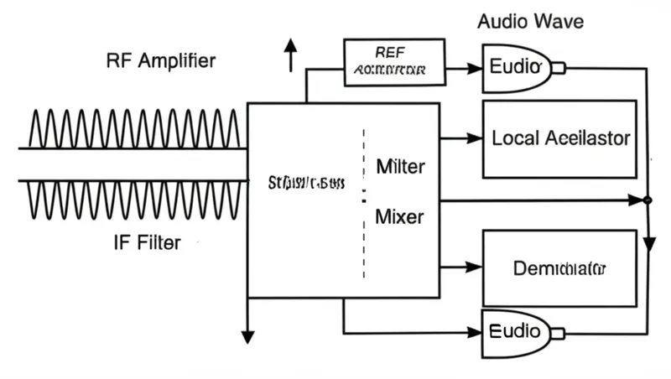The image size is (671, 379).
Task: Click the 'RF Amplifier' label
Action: [160, 60]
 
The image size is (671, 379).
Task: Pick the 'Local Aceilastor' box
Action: [560, 138]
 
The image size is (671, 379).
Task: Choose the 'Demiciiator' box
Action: [560, 269]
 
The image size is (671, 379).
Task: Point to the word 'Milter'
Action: [399, 166]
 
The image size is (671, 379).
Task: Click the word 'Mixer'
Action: [399, 217]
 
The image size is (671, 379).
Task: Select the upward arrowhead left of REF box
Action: [291, 45]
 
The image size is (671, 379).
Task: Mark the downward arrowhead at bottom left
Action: [247, 336]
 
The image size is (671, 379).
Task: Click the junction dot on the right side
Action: [647, 200]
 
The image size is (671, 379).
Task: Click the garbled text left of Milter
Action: [306, 182]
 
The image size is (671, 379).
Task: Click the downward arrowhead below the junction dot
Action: [648, 245]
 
